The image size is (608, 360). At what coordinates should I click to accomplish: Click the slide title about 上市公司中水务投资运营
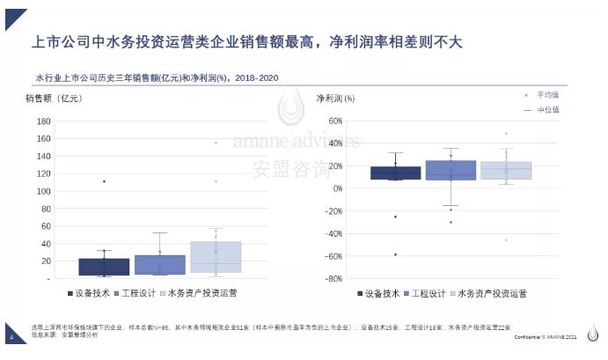pos(246,40)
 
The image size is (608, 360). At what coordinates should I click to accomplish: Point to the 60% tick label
pos(334,121)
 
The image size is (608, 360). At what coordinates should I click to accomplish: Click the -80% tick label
pos(333,278)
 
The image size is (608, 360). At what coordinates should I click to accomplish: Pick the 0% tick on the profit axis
pos(337,188)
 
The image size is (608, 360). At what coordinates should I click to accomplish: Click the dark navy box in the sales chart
pos(104,267)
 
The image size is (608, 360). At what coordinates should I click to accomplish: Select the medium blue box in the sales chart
pos(159,265)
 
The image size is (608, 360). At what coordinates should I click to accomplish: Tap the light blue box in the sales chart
pos(216,256)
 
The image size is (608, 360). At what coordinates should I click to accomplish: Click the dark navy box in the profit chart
pos(395,173)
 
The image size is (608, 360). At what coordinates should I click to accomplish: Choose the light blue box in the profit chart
pos(506,170)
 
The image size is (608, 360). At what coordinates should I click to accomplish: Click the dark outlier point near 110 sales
pos(104,181)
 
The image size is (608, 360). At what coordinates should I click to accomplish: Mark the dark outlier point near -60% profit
pos(395,254)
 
